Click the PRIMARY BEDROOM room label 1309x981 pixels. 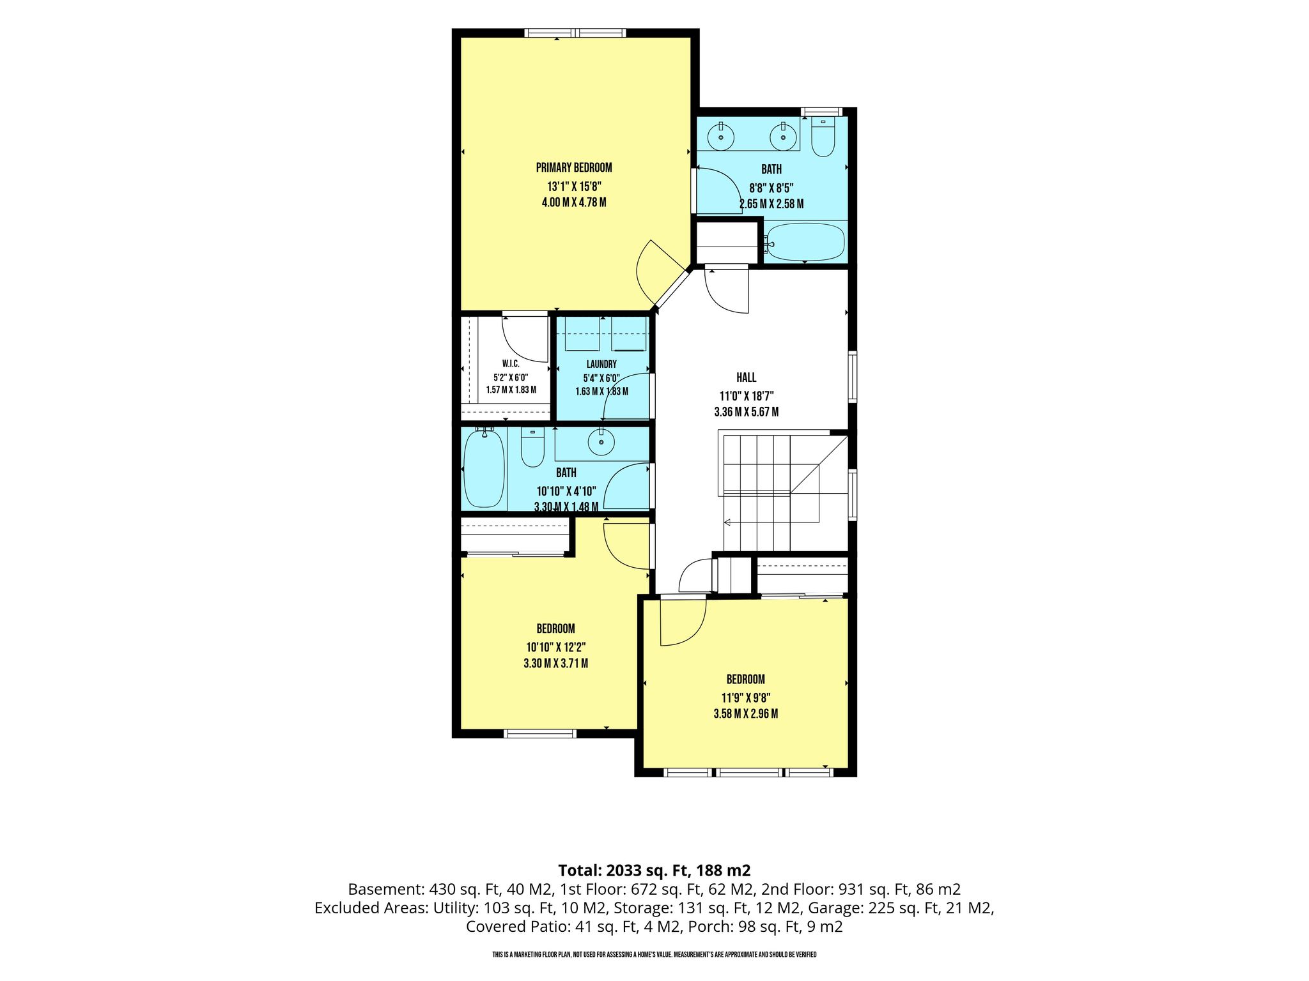click(x=574, y=168)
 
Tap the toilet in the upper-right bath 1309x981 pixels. click(x=823, y=136)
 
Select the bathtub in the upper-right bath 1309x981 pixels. click(x=805, y=242)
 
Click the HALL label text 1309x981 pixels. click(x=747, y=377)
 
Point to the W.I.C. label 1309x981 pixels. click(x=511, y=363)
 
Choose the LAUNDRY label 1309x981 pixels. click(x=601, y=364)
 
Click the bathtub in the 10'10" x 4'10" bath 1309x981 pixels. click(x=484, y=469)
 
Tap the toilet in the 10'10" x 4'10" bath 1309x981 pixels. click(x=532, y=446)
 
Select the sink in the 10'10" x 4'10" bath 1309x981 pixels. click(x=601, y=440)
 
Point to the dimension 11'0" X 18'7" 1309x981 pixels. click(x=747, y=395)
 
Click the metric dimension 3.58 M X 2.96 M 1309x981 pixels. click(x=746, y=714)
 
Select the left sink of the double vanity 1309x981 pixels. click(x=722, y=136)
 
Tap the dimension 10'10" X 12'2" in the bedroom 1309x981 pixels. click(x=556, y=646)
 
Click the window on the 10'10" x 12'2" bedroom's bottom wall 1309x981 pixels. click(x=540, y=734)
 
